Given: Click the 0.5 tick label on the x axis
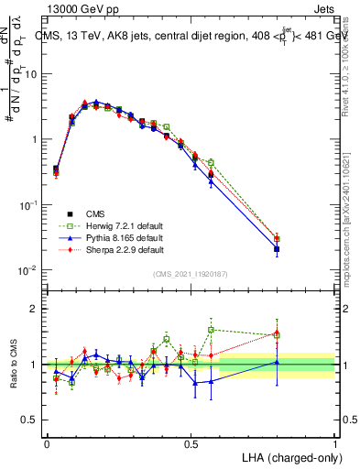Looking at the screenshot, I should (191, 442).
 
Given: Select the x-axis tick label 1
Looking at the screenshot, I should (335, 442).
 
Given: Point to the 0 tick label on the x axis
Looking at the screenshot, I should (47, 442).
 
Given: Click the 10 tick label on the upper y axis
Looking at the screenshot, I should (30, 73).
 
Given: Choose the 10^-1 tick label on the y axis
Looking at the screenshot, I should (27, 204).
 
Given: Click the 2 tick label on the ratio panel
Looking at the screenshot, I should (35, 309).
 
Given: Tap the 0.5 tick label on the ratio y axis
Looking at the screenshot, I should (30, 420).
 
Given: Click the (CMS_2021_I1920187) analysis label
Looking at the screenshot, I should (191, 274).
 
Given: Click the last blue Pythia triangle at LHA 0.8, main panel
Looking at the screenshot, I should (277, 248).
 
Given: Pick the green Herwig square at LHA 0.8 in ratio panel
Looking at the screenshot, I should (277, 335).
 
